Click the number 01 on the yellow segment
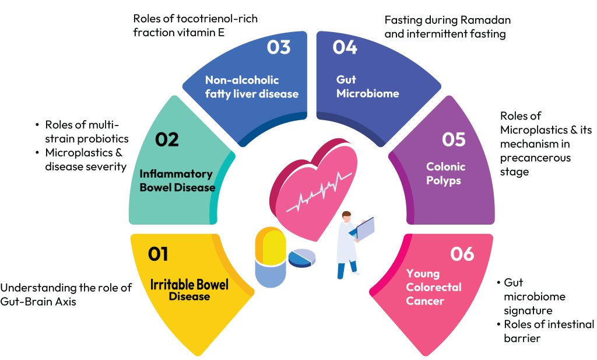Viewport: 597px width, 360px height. (x=158, y=254)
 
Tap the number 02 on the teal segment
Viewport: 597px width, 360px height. (x=167, y=141)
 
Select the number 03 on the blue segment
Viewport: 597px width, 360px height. (x=279, y=47)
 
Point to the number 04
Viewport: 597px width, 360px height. (x=345, y=47)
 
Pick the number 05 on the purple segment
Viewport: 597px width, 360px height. (x=454, y=139)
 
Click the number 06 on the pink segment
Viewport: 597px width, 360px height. (x=462, y=254)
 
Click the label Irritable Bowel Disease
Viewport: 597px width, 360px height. (x=189, y=291)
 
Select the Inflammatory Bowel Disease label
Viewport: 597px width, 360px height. (x=177, y=181)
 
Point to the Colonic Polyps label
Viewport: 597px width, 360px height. (x=446, y=174)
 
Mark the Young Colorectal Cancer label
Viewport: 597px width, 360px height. (x=433, y=287)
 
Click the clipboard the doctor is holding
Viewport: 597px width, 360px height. (x=366, y=228)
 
